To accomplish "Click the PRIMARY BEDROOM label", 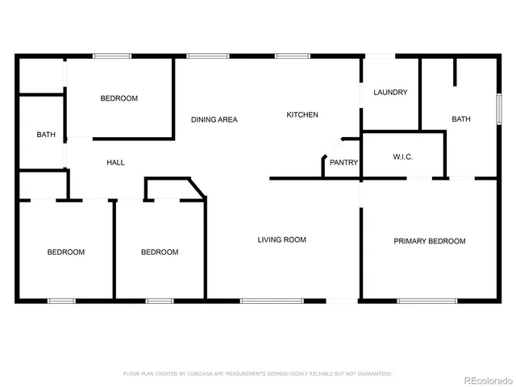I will [429, 241].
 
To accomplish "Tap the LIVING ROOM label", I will [281, 239].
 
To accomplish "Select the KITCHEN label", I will [302, 114].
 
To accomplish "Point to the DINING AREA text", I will [214, 119].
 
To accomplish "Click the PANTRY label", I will [343, 163].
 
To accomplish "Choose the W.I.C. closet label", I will [402, 156].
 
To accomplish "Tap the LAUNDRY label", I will [390, 92].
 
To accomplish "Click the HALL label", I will [115, 163].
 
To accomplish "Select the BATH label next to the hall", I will [46, 135].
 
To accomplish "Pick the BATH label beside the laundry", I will [460, 119].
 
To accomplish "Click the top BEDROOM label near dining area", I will [119, 98].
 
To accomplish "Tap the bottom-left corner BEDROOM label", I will [65, 252].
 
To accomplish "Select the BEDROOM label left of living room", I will [159, 252].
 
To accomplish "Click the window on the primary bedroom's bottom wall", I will [427, 302].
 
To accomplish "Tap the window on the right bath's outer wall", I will [497, 108].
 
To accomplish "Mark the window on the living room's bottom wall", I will [272, 302].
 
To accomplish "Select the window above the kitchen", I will [288, 56].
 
